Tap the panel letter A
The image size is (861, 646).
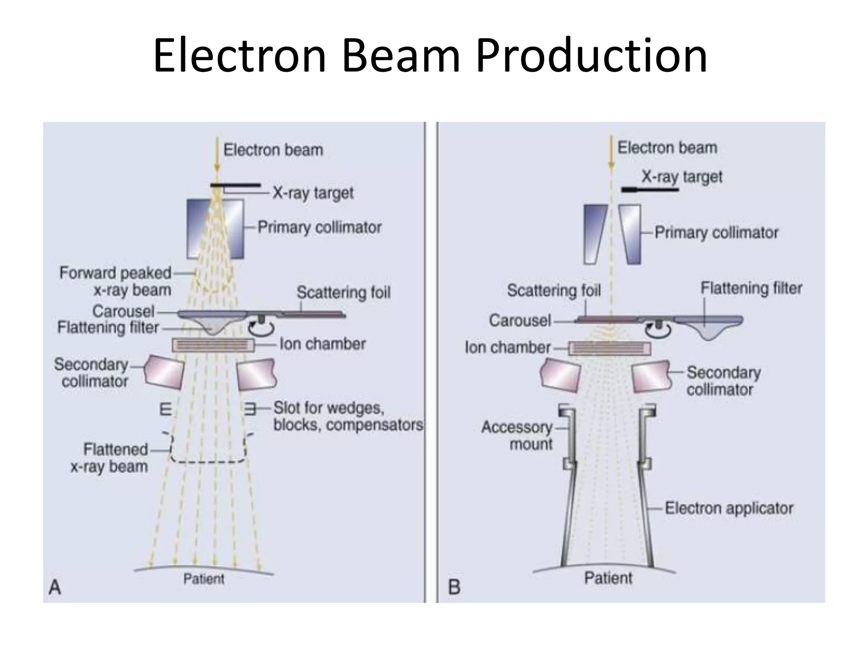pyautogui.click(x=55, y=587)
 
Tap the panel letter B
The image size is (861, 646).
pyautogui.click(x=454, y=587)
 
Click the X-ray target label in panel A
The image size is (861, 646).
pyautogui.click(x=313, y=193)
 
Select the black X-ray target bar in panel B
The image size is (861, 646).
pyautogui.click(x=650, y=190)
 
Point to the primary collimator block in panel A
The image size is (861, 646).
pyautogui.click(x=215, y=229)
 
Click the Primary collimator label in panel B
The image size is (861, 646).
pyautogui.click(x=716, y=233)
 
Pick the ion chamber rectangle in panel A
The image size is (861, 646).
pyautogui.click(x=213, y=345)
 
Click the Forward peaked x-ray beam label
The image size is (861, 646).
pyautogui.click(x=115, y=281)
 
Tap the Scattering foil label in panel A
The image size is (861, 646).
pyautogui.click(x=343, y=292)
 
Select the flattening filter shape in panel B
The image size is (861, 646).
pyautogui.click(x=709, y=326)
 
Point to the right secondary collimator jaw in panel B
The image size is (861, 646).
pyautogui.click(x=651, y=376)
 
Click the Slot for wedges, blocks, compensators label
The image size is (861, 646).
pyautogui.click(x=348, y=416)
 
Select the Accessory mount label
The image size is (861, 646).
pyautogui.click(x=517, y=435)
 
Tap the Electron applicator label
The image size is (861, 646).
pyautogui.click(x=729, y=508)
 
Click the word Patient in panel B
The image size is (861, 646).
pyautogui.click(x=608, y=578)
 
